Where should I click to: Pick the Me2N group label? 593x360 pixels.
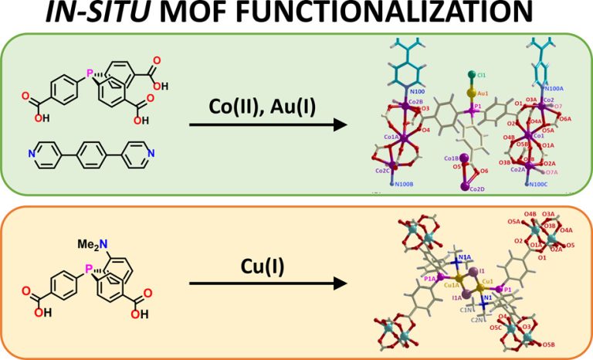coord(91,245)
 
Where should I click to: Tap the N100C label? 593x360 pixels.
coord(538,184)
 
